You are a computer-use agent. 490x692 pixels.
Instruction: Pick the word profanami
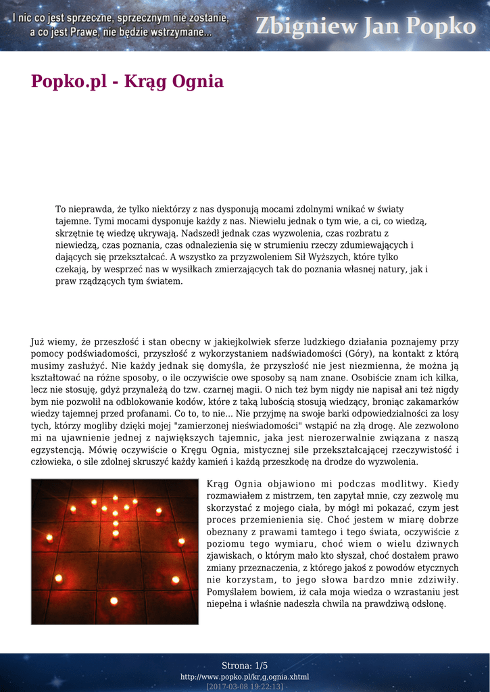[x=144, y=414]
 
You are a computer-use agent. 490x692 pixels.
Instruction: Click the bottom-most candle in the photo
[x=114, y=600]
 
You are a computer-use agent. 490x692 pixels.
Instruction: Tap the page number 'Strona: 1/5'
[x=245, y=666]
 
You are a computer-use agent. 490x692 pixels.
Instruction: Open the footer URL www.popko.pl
[x=245, y=676]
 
